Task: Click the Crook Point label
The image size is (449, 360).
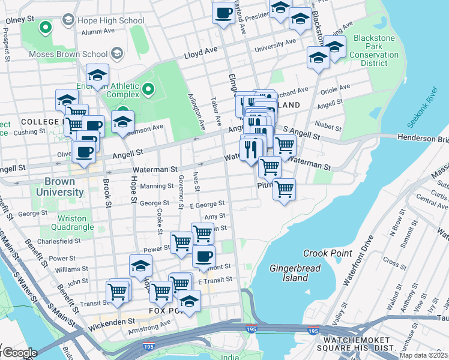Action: [327, 253]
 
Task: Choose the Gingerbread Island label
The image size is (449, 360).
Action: [289, 272]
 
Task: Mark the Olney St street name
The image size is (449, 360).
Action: [18, 20]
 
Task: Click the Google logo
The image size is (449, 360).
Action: [19, 352]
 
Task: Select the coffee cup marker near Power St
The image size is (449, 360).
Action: [203, 256]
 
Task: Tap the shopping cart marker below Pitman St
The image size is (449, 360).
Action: [284, 188]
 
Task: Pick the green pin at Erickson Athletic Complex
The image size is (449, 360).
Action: [148, 91]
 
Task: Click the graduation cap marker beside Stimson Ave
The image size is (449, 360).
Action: [122, 121]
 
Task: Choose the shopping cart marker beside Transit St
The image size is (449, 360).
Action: [118, 291]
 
